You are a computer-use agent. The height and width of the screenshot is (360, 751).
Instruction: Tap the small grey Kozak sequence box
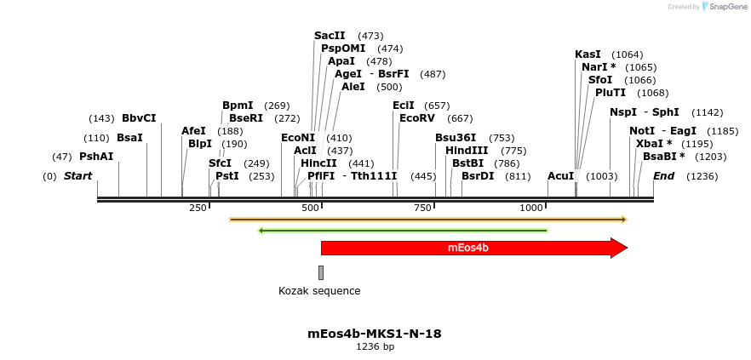click(x=321, y=272)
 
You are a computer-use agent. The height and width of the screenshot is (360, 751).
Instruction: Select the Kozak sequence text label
click(x=319, y=291)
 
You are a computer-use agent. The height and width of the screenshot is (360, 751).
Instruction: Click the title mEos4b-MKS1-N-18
click(x=375, y=334)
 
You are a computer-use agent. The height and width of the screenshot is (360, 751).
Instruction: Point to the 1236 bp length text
click(x=375, y=347)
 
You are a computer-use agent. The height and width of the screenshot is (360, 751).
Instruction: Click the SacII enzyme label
click(x=330, y=36)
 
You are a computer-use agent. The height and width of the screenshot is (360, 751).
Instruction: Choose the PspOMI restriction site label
click(x=343, y=49)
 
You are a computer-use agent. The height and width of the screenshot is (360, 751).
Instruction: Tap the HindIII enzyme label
click(x=467, y=151)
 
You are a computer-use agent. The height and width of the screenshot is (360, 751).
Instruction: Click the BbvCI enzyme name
click(x=139, y=118)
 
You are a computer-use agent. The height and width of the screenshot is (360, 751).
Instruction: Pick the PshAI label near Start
click(x=96, y=157)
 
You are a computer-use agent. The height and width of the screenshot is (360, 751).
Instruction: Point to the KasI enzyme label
click(x=588, y=54)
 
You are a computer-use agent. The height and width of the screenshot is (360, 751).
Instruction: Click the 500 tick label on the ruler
click(x=310, y=208)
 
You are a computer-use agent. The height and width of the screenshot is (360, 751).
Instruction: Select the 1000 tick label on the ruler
click(x=531, y=208)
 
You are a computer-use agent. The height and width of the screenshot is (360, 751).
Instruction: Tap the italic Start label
click(x=77, y=176)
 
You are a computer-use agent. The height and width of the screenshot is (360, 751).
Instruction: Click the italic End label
click(x=664, y=176)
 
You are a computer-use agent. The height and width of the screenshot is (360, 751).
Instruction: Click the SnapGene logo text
click(x=729, y=7)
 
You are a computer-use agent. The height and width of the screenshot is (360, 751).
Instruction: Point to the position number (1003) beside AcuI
click(x=602, y=176)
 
